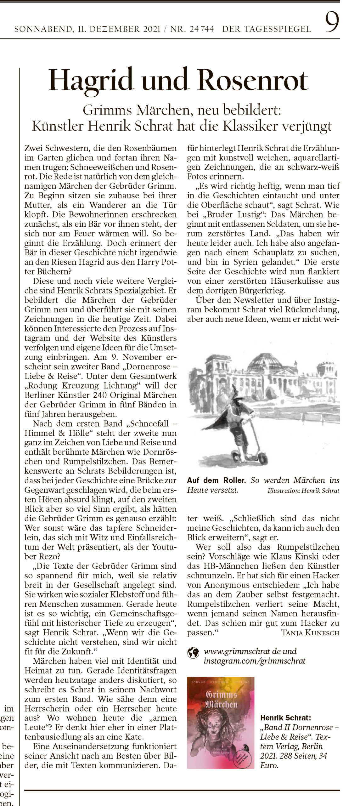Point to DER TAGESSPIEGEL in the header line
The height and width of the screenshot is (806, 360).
tap(267, 30)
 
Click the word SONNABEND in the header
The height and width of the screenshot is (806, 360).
tap(42, 30)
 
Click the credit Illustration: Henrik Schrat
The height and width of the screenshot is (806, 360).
tap(303, 491)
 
